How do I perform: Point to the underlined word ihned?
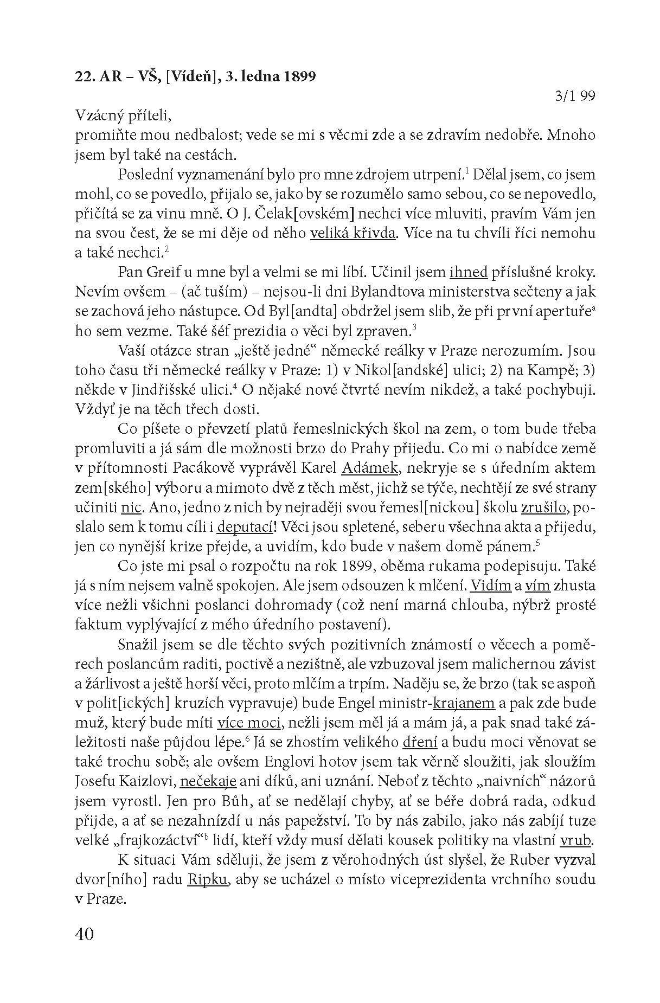tap(469, 272)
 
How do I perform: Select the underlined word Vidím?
tap(491, 586)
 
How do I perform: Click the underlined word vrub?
tap(576, 840)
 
